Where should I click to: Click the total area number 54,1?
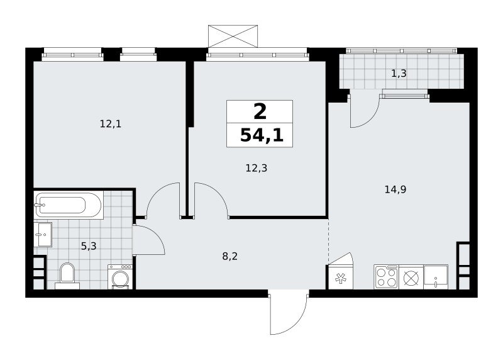click(262, 135)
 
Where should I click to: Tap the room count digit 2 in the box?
click(260, 112)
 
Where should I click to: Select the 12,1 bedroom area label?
click(111, 123)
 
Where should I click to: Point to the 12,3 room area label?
click(257, 167)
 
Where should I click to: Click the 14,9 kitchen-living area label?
click(395, 189)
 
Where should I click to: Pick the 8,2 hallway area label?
click(230, 256)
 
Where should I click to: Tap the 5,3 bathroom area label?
click(89, 246)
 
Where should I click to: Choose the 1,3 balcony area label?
click(399, 74)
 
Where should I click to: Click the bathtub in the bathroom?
click(69, 205)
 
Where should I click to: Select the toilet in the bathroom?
click(67, 276)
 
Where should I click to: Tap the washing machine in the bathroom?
click(120, 277)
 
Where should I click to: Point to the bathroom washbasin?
click(43, 234)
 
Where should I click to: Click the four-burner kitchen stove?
click(386, 277)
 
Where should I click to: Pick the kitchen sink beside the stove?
click(436, 277)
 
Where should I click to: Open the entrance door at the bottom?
click(289, 312)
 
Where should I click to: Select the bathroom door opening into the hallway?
click(149, 240)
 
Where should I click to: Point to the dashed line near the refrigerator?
click(328, 242)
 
